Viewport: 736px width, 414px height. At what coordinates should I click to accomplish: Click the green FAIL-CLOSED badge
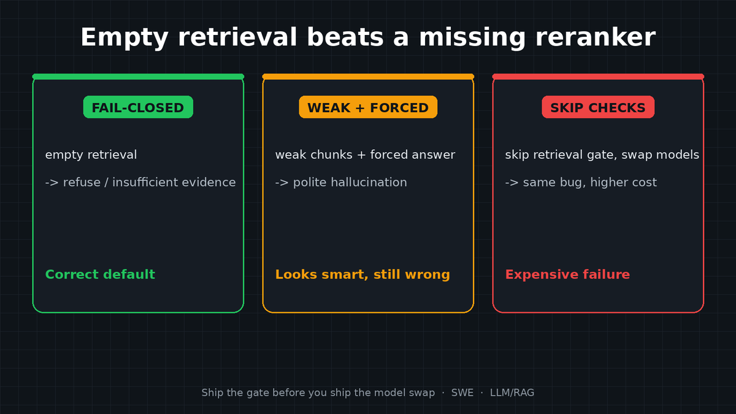(138, 107)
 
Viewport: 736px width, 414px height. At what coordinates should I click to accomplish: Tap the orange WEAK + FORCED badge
(368, 107)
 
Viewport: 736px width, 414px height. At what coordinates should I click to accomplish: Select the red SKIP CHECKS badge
(598, 107)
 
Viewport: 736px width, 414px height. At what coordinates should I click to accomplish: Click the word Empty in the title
(125, 38)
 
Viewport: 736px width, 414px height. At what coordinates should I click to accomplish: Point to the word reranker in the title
(596, 37)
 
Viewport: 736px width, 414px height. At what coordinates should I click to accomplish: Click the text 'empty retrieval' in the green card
(91, 155)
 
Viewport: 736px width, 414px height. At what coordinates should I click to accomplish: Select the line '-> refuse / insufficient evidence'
(140, 182)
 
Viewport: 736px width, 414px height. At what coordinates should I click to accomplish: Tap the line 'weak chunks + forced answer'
(365, 155)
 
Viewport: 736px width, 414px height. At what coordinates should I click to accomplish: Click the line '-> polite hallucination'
(341, 182)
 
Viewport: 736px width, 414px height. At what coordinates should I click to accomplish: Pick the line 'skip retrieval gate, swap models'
(602, 155)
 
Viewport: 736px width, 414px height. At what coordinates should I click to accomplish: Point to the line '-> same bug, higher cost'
(581, 182)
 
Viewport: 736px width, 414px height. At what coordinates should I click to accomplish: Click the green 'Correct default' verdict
(100, 274)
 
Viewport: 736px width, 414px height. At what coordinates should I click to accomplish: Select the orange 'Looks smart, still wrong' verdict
(362, 275)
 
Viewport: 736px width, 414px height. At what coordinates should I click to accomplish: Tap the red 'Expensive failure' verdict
(567, 275)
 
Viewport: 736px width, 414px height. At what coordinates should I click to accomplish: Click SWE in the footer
(462, 393)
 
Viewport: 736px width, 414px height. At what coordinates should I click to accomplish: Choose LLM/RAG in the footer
(512, 393)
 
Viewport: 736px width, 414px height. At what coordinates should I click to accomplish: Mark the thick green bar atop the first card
(138, 77)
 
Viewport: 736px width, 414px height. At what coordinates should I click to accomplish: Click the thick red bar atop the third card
(598, 77)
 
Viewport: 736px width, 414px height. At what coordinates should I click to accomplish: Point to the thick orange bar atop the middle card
(368, 77)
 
